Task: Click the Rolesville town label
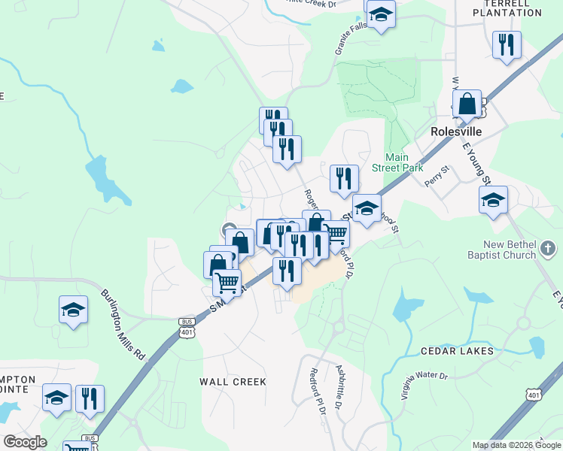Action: click(455, 131)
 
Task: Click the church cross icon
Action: click(549, 248)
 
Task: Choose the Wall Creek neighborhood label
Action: click(233, 382)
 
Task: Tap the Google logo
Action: click(25, 442)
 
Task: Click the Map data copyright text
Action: click(516, 445)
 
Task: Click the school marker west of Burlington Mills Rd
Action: click(74, 309)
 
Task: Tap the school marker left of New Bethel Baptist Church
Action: click(494, 199)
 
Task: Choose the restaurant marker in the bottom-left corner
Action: click(90, 398)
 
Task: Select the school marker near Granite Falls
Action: click(382, 15)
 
